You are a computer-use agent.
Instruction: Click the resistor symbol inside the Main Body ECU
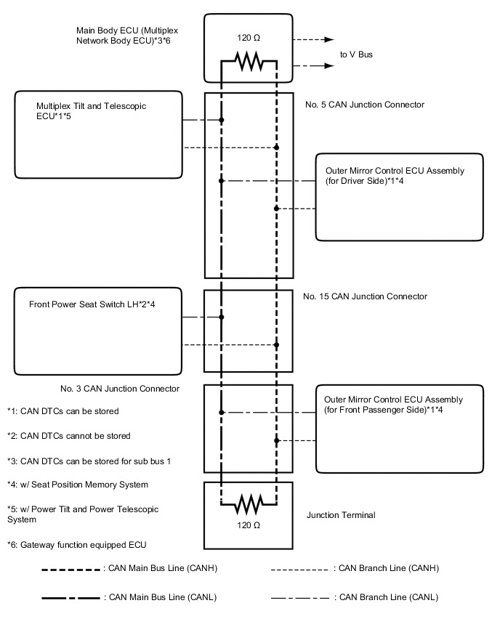[249, 65]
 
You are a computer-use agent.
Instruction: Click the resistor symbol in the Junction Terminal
[249, 502]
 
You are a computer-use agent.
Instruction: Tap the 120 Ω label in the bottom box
[249, 523]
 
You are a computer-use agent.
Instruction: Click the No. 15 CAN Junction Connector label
[365, 296]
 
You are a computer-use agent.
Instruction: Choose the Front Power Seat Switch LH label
[92, 304]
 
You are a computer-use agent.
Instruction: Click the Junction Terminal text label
[341, 515]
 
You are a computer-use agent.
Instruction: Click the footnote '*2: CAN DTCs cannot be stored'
[69, 436]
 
